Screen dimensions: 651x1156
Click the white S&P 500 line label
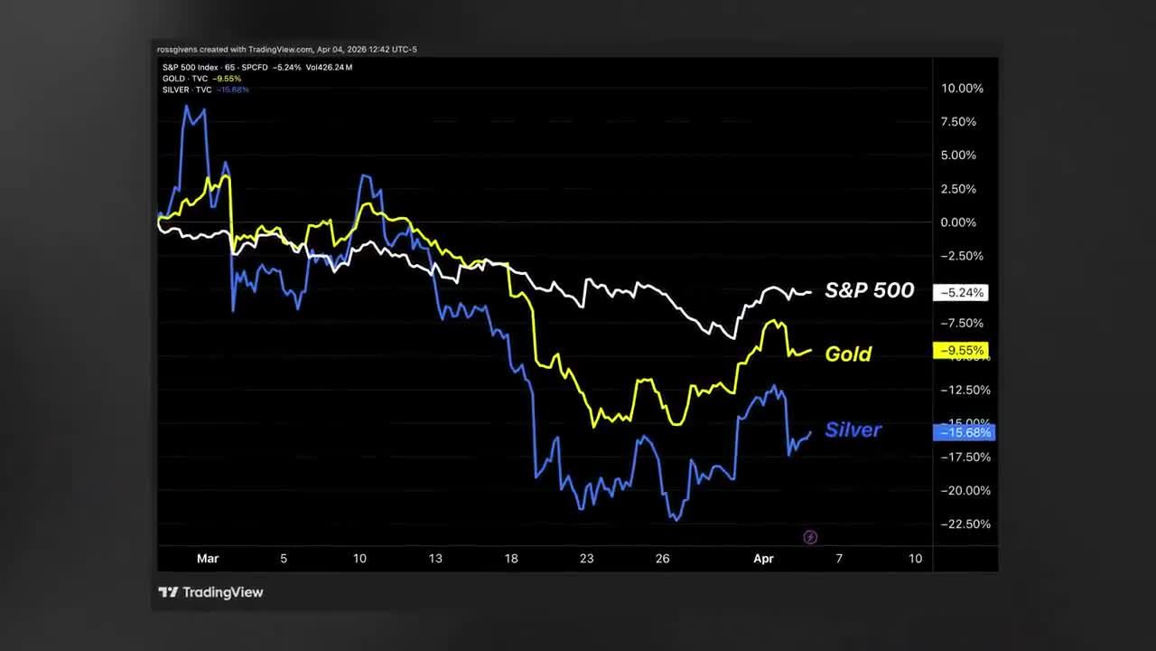point(869,291)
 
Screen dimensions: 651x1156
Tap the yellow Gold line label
point(848,354)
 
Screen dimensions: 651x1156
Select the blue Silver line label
point(853,429)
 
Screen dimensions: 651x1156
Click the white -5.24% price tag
point(962,293)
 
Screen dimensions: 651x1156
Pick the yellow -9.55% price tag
point(962,350)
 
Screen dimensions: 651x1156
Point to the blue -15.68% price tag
point(964,432)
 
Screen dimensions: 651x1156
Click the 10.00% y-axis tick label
point(962,89)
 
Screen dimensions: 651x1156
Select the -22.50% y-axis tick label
point(964,524)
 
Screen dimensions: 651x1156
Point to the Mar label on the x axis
point(208,559)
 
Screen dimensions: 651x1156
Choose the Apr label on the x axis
point(764,559)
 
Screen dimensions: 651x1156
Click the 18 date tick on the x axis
point(511,559)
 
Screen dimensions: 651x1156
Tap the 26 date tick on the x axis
point(663,559)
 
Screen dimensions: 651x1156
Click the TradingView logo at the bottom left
point(210,592)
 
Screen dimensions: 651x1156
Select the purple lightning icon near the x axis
point(810,537)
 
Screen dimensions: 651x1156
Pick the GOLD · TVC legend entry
point(186,79)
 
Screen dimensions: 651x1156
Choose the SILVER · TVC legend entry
point(188,90)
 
